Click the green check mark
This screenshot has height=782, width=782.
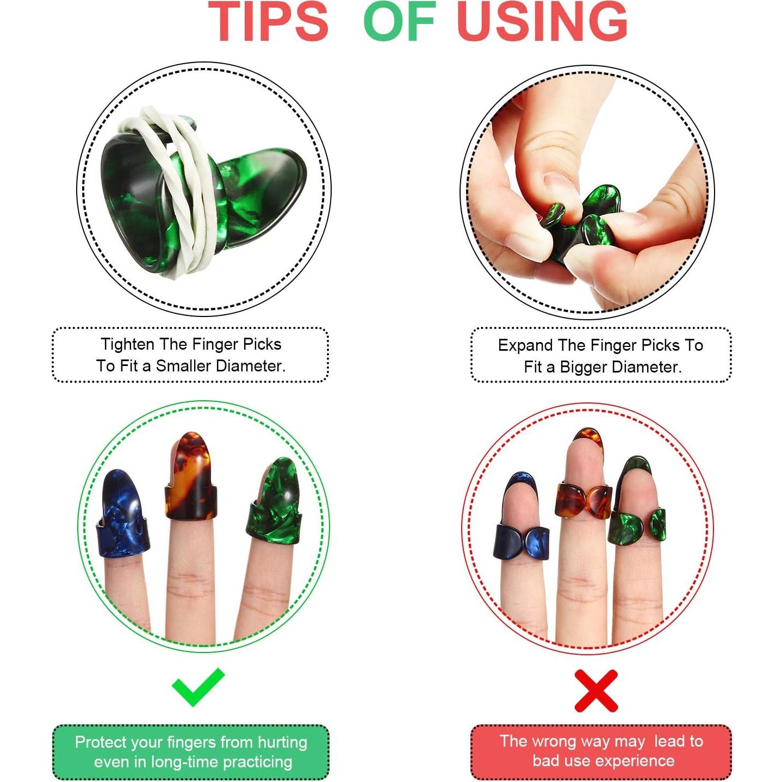pyautogui.click(x=197, y=687)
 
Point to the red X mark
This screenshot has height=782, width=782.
pyautogui.click(x=596, y=691)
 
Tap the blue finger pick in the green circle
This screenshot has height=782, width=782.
pyautogui.click(x=122, y=517)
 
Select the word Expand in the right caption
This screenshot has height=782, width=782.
pyautogui.click(x=525, y=345)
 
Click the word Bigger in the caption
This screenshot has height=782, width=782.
pyautogui.click(x=584, y=367)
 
